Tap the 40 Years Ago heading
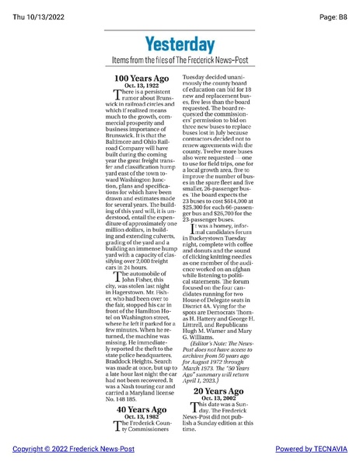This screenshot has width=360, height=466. click(142, 409)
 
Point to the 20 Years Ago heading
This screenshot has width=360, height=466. click(219, 391)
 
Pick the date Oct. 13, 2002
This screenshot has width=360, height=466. click(219, 398)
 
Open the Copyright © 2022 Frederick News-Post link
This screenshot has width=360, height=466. click(73, 450)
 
